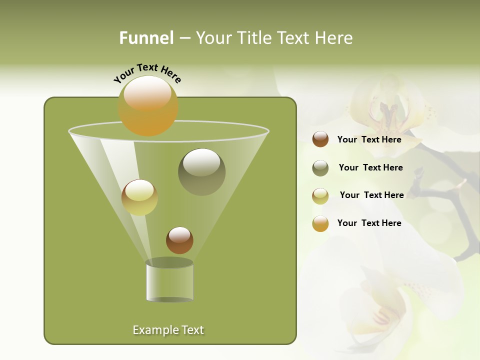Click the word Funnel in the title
(146, 38)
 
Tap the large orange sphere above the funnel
(147, 105)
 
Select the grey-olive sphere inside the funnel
(201, 171)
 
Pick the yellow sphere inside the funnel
(139, 197)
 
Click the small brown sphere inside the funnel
(179, 240)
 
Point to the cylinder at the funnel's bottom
(169, 281)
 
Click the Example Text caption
(168, 330)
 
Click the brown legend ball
(320, 139)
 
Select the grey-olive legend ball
(320, 168)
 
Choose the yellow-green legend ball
(320, 196)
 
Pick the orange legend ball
(320, 223)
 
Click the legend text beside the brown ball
(369, 139)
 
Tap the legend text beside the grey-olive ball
(370, 167)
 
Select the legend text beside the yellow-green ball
(371, 195)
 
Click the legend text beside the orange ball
(369, 223)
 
